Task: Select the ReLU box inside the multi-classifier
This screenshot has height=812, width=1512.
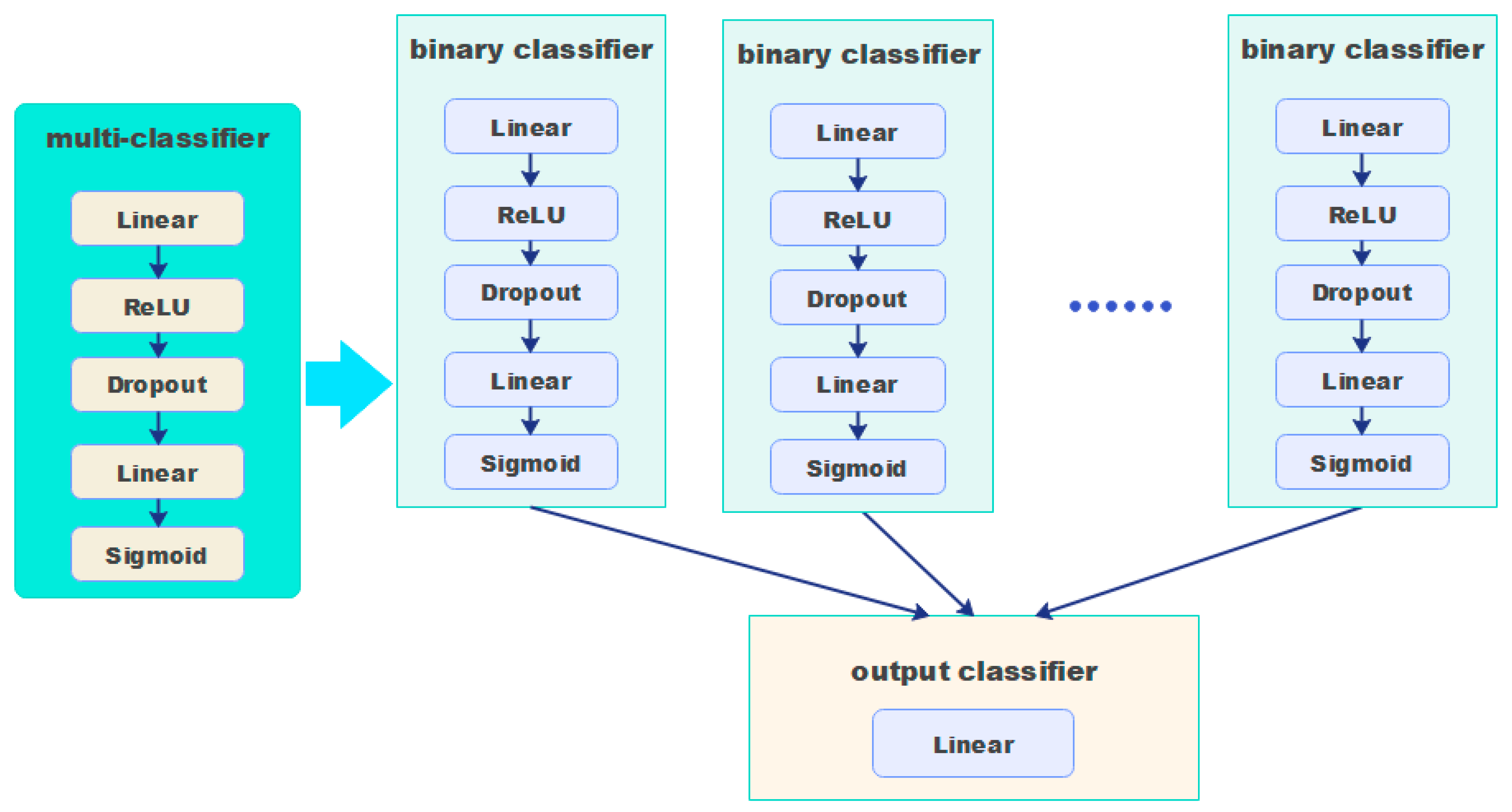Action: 157,306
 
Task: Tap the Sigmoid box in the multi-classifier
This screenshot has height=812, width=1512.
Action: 157,555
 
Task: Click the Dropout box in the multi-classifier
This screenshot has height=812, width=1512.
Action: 157,384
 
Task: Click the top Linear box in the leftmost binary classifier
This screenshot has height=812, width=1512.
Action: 531,127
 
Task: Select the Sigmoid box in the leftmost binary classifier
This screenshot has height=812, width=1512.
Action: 531,462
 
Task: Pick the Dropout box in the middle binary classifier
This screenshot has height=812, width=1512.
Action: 857,298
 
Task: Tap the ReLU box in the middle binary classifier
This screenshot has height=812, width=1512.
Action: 857,219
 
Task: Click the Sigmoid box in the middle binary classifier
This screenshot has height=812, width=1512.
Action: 857,468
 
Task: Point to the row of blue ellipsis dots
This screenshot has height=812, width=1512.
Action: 1120,306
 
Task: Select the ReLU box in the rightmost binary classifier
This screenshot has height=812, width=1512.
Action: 1362,214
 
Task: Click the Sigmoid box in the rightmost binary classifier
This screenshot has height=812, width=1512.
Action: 1362,462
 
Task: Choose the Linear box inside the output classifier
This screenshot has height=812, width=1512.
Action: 973,744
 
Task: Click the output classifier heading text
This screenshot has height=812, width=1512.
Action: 973,671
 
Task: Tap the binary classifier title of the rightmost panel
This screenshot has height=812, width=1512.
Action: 1362,49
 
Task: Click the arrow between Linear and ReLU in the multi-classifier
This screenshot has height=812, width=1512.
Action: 158,261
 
